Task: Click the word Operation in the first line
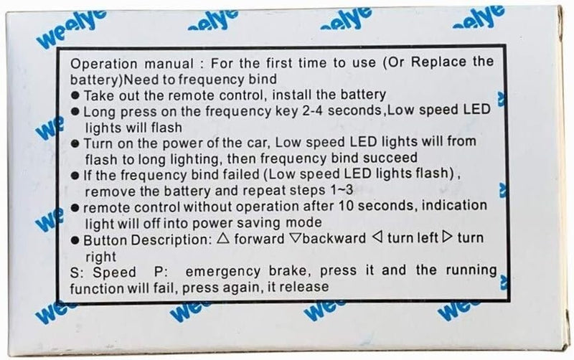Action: pos(103,64)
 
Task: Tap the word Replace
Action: pos(438,62)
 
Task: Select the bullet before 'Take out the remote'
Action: pos(75,96)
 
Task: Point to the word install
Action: pos(292,95)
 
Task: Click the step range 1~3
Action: pos(342,190)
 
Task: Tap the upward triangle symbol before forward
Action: pos(223,238)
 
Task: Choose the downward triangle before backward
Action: pos(296,238)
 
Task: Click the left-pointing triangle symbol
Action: pos(377,237)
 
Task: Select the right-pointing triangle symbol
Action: pos(447,237)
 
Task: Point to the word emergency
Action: pos(223,272)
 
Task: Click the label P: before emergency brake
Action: pos(161,272)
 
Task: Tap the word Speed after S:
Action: pos(114,273)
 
